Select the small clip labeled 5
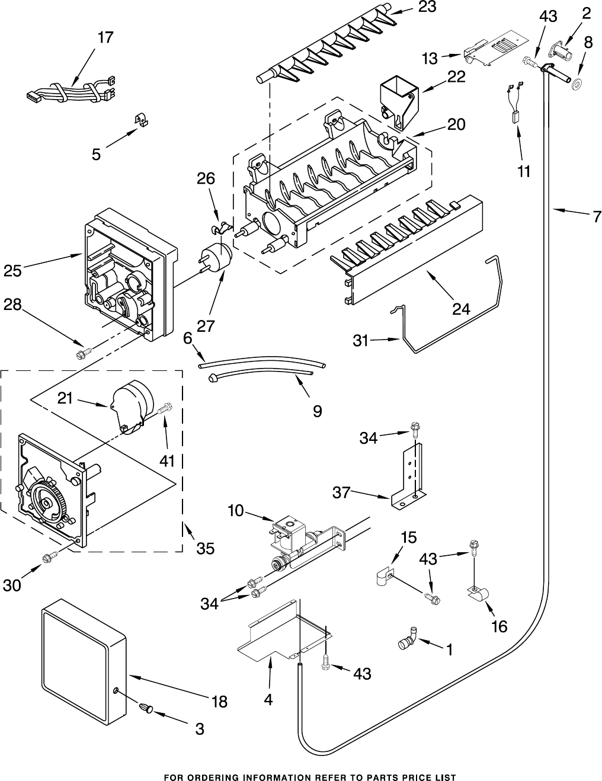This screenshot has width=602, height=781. pyautogui.click(x=141, y=120)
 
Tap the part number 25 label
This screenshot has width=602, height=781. pyautogui.click(x=12, y=271)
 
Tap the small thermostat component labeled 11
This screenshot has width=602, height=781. pyautogui.click(x=516, y=117)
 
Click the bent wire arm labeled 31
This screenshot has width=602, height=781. pyautogui.click(x=450, y=320)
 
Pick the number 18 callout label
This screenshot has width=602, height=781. pyautogui.click(x=219, y=702)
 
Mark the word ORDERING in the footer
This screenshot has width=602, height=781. pyautogui.click(x=213, y=777)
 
